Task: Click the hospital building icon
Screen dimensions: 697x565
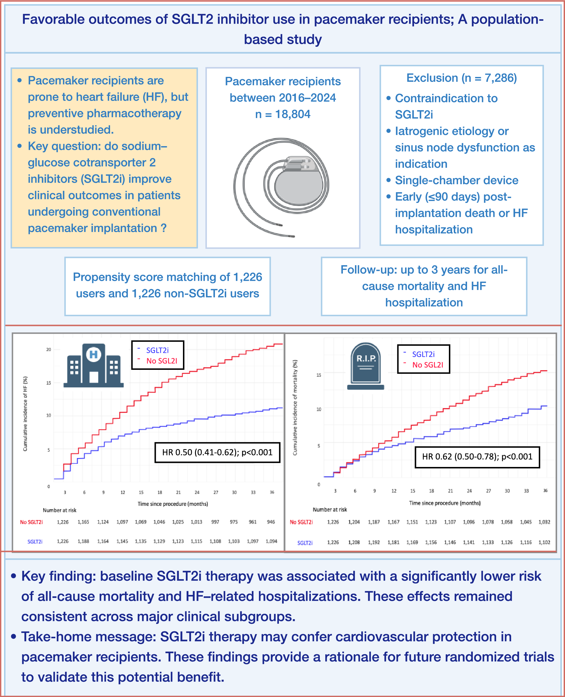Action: [x=93, y=365]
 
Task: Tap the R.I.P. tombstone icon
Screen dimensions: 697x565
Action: [x=366, y=366]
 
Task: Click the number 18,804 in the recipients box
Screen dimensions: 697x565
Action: [x=293, y=114]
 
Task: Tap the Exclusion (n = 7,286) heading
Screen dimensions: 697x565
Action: [x=462, y=78]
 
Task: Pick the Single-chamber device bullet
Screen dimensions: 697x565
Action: [x=456, y=180]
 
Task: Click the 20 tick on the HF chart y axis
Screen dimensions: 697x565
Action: [x=48, y=349]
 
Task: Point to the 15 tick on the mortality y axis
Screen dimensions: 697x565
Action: [x=319, y=375]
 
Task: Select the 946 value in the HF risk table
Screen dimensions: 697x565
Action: [x=271, y=521]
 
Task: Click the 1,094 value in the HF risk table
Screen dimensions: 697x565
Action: [x=271, y=541]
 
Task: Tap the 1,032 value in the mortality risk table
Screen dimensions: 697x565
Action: [x=544, y=522]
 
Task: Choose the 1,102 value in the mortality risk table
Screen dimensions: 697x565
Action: [x=544, y=542]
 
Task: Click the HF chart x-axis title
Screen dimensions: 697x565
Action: [x=173, y=504]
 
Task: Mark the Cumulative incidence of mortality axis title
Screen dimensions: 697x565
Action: [x=295, y=407]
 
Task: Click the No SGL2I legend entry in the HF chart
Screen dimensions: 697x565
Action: [x=161, y=361]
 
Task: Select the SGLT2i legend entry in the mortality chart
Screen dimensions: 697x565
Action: [x=423, y=354]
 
